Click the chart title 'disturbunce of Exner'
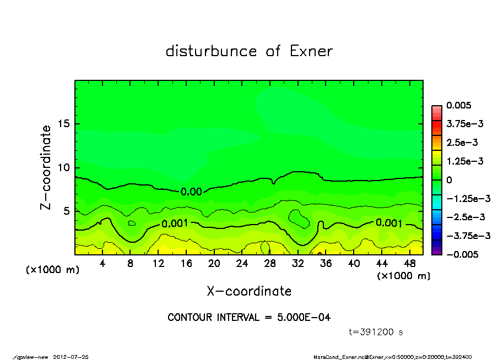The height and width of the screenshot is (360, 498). (249, 51)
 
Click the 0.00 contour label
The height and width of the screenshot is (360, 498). (191, 192)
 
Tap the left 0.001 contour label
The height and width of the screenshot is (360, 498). (175, 223)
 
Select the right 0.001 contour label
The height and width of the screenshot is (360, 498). (389, 222)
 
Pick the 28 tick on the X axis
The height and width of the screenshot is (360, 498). (270, 264)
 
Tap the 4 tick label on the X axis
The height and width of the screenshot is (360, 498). (102, 264)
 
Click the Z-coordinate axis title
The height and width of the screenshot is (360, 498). (46, 167)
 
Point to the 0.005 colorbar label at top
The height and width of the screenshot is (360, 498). (459, 105)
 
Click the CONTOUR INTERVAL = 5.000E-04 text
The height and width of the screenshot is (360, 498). (249, 318)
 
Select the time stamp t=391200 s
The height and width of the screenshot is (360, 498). (377, 332)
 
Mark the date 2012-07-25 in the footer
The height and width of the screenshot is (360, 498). (71, 357)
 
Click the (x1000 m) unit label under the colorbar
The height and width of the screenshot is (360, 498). (403, 276)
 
